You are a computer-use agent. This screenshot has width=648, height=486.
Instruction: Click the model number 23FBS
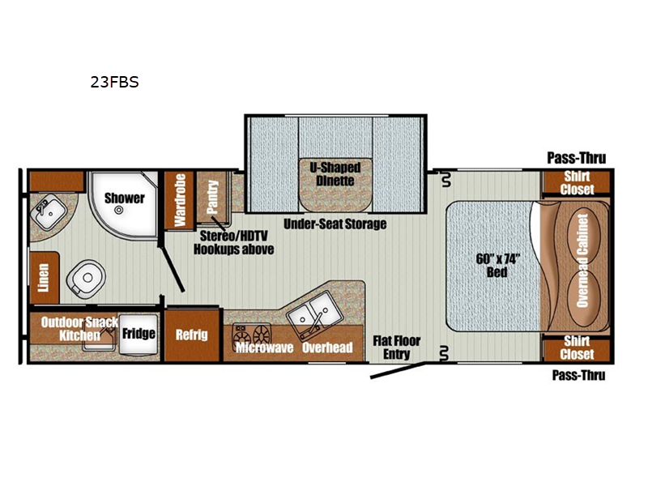click(x=114, y=83)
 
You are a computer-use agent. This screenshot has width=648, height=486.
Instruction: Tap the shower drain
click(x=119, y=210)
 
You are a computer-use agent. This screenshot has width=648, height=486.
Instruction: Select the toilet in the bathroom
click(x=86, y=278)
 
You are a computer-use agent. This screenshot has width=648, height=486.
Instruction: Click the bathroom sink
click(x=49, y=213)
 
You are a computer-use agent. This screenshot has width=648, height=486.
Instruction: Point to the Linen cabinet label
click(x=43, y=277)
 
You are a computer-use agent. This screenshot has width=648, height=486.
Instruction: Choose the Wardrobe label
click(x=180, y=200)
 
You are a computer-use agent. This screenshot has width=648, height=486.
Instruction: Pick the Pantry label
click(x=212, y=197)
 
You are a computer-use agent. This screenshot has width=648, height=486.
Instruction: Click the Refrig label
click(x=191, y=335)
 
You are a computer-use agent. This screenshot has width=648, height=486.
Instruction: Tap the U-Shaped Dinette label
click(x=335, y=174)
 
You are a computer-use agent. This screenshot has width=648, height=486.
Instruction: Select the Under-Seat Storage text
click(x=335, y=224)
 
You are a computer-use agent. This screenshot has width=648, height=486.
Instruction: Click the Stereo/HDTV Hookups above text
click(x=234, y=242)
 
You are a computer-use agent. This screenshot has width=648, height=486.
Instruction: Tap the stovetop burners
click(x=251, y=335)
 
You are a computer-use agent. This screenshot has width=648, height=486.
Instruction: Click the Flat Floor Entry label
click(x=397, y=347)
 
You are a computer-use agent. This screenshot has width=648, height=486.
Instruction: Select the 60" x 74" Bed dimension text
click(x=497, y=266)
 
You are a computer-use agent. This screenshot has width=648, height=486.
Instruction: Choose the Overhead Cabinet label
click(x=582, y=261)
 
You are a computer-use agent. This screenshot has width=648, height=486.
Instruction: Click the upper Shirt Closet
click(x=577, y=182)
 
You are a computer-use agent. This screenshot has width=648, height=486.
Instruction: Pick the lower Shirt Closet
click(x=577, y=347)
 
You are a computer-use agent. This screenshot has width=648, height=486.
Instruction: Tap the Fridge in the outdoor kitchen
click(x=139, y=335)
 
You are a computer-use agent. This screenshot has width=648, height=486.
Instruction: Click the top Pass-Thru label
click(x=577, y=158)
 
